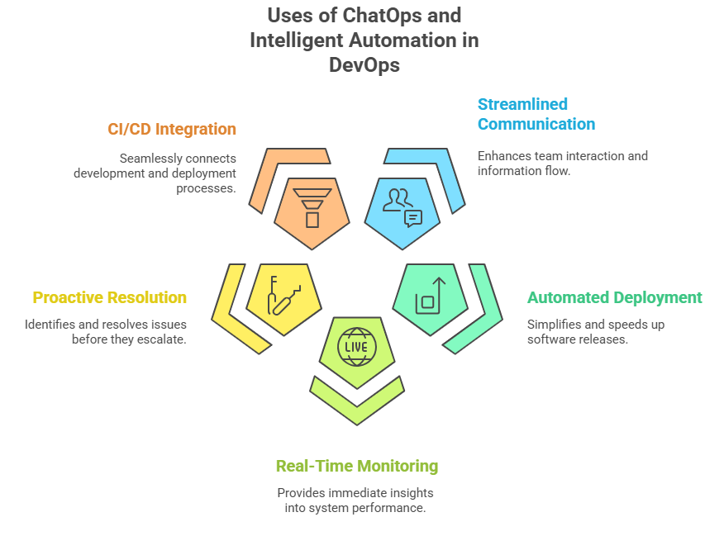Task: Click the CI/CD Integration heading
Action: click(172, 129)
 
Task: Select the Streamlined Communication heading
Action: click(536, 115)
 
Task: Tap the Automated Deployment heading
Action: click(614, 297)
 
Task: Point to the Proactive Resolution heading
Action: click(109, 297)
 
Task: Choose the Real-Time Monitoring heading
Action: click(357, 466)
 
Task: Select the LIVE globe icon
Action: click(356, 348)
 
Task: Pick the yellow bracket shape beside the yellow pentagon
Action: click(236, 314)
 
